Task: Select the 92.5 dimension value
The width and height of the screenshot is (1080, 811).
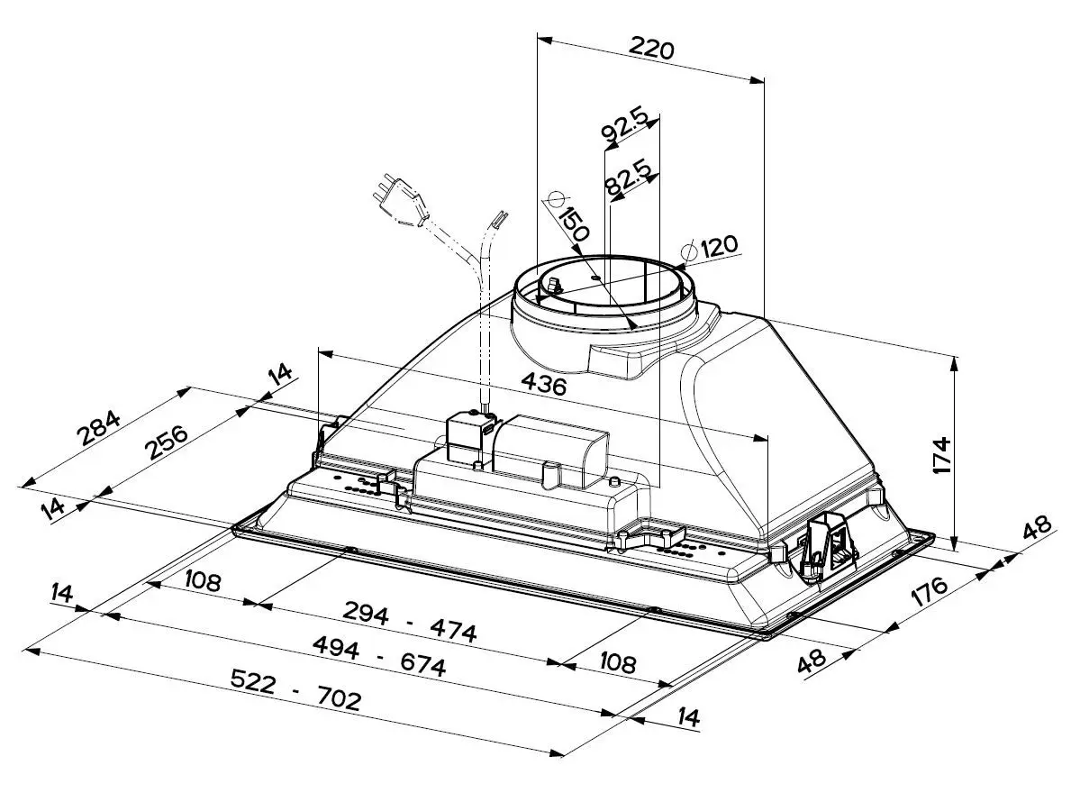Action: click(x=625, y=123)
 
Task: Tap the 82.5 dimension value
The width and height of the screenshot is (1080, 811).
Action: click(x=628, y=175)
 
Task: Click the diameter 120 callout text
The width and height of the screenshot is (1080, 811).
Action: click(x=719, y=245)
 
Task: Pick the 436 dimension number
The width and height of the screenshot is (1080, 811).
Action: click(x=543, y=383)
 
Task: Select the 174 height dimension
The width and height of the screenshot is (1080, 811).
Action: click(x=941, y=454)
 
